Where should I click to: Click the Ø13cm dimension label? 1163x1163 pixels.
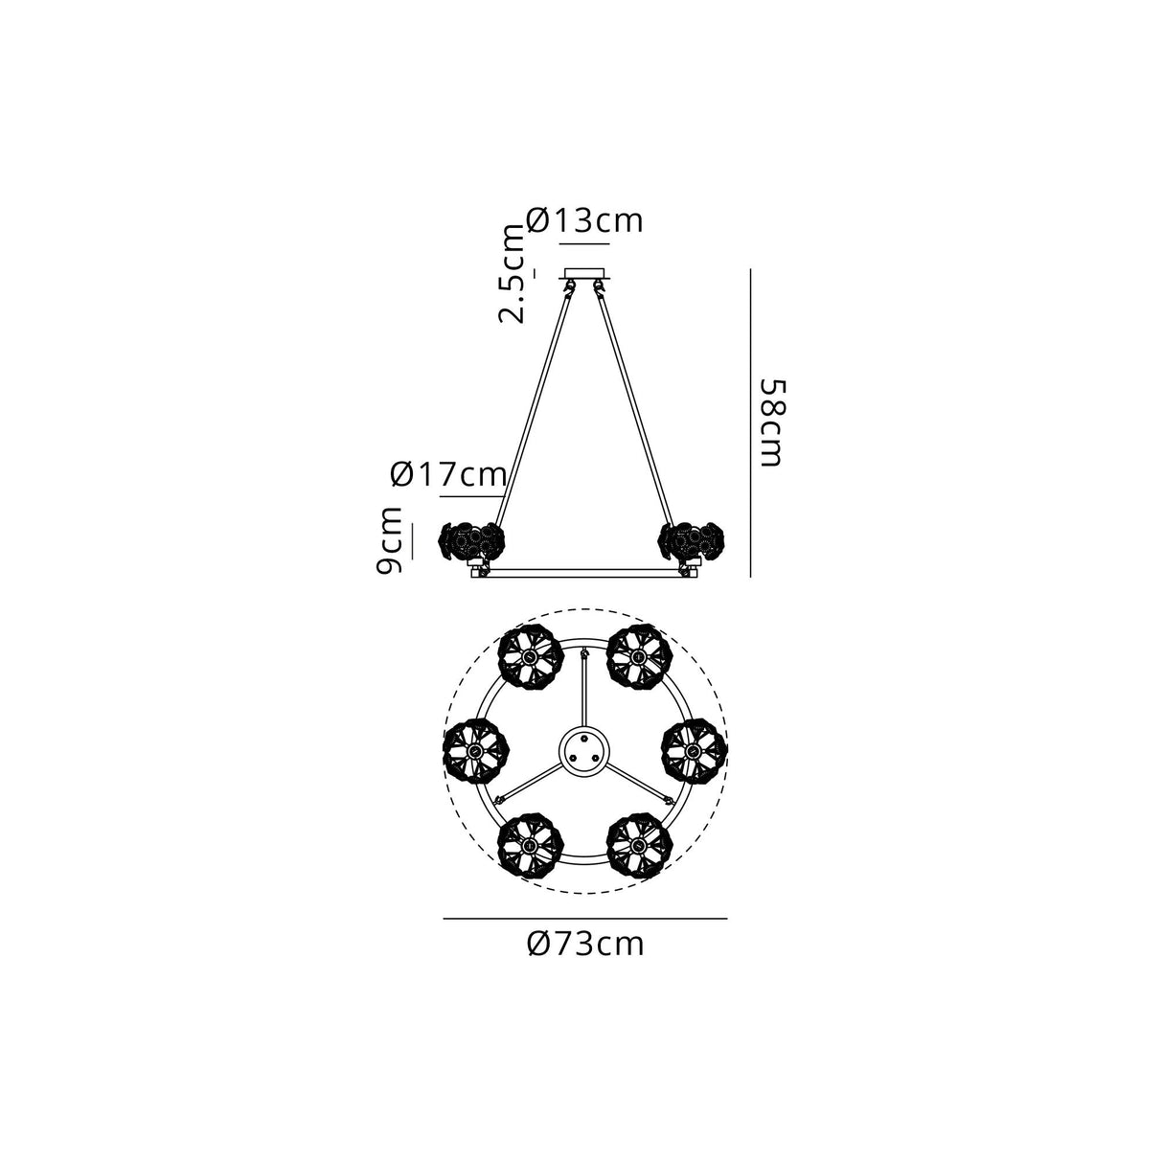click(x=584, y=221)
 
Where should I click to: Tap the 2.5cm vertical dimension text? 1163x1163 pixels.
click(x=512, y=273)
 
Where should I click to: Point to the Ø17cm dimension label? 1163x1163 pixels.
click(x=447, y=474)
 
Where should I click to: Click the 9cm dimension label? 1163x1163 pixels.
click(x=389, y=540)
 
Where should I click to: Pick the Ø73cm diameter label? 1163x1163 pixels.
click(x=585, y=944)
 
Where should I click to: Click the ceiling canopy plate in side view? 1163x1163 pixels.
click(x=584, y=273)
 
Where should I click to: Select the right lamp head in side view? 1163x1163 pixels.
click(x=693, y=540)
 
